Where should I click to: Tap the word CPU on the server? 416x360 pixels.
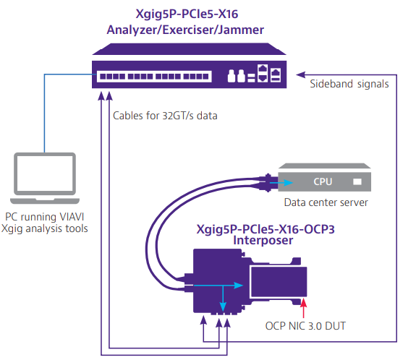point(323,181)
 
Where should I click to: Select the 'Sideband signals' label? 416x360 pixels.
point(349,84)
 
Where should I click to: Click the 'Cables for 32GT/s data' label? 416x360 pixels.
point(165,115)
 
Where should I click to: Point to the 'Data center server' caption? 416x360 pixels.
point(326,202)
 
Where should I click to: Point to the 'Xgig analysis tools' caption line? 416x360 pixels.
point(49,228)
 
